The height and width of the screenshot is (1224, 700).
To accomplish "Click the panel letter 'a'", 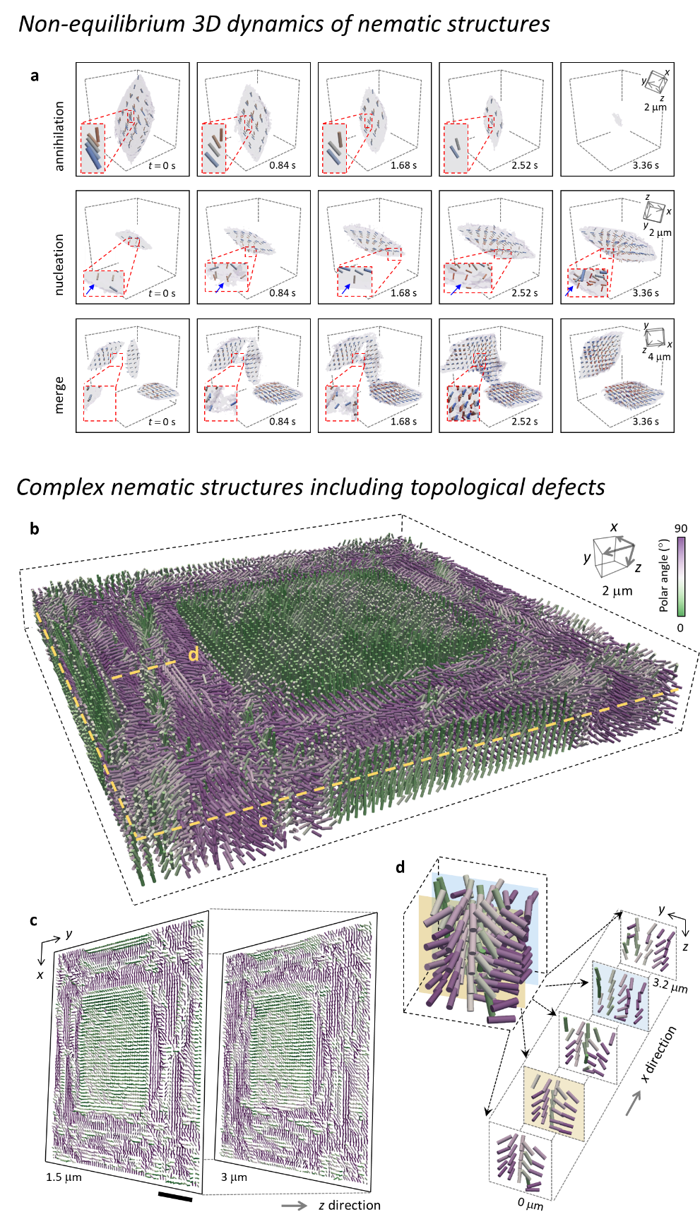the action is coord(35,76).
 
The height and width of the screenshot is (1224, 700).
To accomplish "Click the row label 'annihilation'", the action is coord(59,136).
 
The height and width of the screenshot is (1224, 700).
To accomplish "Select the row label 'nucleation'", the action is coord(59,264).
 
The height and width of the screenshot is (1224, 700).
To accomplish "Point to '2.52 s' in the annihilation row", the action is coord(525,165).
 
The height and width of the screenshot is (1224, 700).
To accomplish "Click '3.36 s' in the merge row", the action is coord(646,422).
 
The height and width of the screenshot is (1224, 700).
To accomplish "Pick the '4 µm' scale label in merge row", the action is coord(659,357).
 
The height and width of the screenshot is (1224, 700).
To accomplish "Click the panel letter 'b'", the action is coord(35,528).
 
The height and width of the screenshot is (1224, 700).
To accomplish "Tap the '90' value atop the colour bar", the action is coord(681,528).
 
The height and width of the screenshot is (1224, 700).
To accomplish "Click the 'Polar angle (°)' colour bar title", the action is coord(664,575).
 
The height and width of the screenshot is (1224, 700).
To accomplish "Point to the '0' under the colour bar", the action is coord(680,627).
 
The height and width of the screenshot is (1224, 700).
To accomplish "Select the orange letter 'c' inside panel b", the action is coord(263,821).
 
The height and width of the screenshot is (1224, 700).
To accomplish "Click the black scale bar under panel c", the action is coord(175,1195).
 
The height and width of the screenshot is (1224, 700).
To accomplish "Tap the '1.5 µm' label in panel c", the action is coord(64,1177).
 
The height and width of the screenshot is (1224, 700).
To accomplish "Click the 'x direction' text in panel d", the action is coord(658,1054).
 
